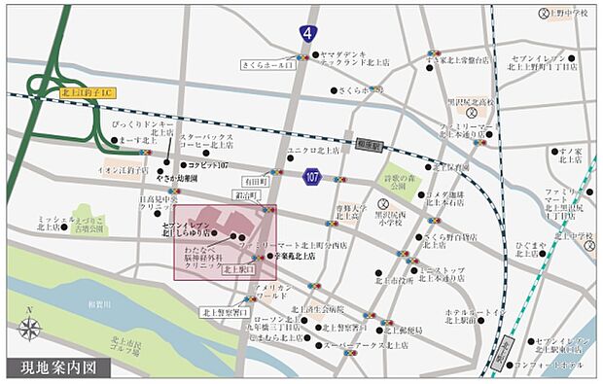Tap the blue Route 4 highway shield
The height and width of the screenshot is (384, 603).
pos(308,34)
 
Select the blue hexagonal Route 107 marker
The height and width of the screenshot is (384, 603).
pos(313,176)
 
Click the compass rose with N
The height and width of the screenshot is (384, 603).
pos(31,329)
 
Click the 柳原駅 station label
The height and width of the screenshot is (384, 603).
pos(372,141)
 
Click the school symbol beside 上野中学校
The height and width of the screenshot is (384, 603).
pos(544,14)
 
